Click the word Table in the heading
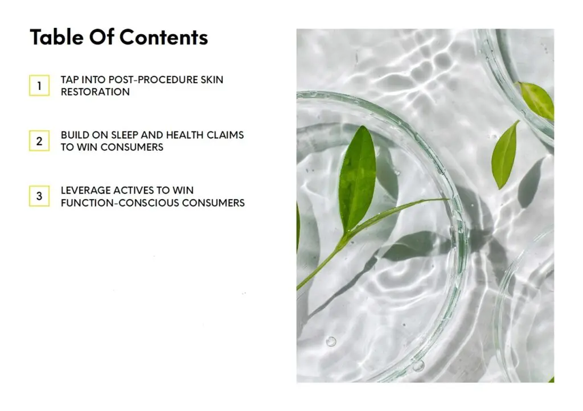point(57,37)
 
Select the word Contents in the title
point(163,37)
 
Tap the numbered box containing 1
point(39,85)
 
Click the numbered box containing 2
point(39,141)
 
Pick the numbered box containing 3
point(39,196)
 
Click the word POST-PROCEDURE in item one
point(153,80)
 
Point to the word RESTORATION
point(95,92)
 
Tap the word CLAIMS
point(225,135)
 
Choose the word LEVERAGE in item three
point(85,190)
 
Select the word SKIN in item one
point(212,80)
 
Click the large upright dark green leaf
point(357,178)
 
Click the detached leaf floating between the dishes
point(504,154)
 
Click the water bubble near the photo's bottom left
point(331,342)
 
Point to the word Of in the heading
point(101,37)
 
